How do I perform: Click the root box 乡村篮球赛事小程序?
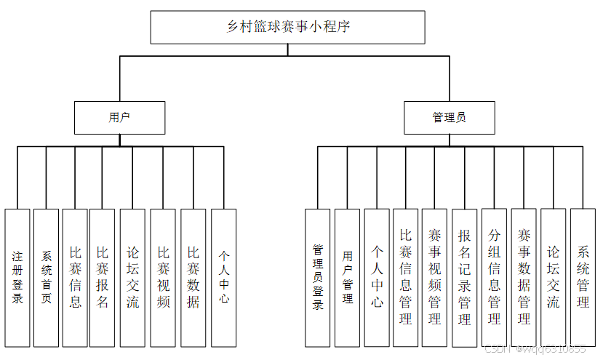coord(288,28)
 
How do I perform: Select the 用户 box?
coord(119,117)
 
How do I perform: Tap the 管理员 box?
coord(450,117)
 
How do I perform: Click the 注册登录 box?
coord(17,277)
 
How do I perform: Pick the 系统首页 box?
coord(46,277)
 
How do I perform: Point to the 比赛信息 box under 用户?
coord(75,277)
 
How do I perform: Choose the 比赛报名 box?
coord(103,277)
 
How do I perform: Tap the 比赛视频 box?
coord(164,277)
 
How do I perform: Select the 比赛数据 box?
coord(193,277)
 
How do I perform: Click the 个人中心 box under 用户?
coord(223,277)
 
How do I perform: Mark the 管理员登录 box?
coord(318,277)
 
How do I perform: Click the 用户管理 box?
coord(347,277)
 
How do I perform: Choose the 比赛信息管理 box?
coord(406,277)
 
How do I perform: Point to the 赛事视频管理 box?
coord(435,277)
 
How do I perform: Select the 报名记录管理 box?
coord(465,277)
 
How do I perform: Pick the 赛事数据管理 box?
coord(524,277)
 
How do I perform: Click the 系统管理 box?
coord(583,277)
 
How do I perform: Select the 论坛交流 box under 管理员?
coord(554,277)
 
